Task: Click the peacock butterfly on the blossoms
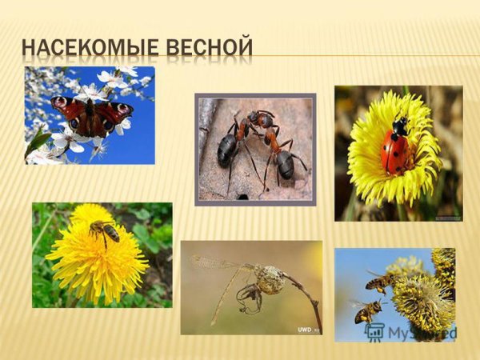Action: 90,115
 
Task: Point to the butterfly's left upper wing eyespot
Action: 61,103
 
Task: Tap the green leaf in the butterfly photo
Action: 38,142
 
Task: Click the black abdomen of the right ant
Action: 283,163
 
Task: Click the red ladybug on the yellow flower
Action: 395,149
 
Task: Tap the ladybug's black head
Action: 400,126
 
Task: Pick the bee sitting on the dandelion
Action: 105,232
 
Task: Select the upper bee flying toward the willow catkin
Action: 381,281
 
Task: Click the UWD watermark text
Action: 305,330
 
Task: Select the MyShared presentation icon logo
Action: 373,332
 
